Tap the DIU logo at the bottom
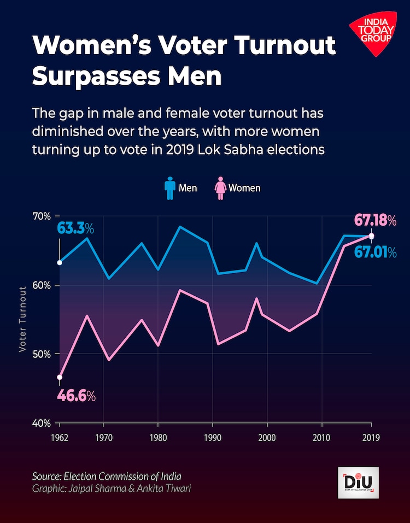[x=359, y=483]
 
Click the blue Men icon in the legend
[x=170, y=187]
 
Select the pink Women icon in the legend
[x=220, y=187]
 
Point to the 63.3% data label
[x=75, y=228]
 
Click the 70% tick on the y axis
[x=42, y=216]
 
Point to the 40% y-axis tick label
[x=42, y=423]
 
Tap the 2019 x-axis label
[x=371, y=438]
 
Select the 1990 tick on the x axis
[x=212, y=438]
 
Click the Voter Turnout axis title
[x=23, y=319]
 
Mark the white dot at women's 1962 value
[x=60, y=377]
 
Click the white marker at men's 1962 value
[x=60, y=263]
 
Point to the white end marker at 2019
[x=372, y=236]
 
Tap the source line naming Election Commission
[x=107, y=476]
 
